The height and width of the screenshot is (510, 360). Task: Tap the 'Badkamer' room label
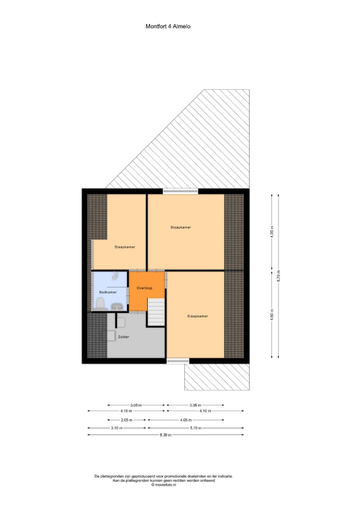107,291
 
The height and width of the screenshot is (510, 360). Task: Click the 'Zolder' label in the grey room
123,337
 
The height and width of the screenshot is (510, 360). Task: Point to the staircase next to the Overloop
156,312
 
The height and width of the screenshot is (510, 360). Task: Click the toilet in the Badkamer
100,303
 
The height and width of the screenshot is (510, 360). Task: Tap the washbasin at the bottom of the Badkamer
117,306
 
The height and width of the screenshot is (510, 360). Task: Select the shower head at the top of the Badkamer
115,276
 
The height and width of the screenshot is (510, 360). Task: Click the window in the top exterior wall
180,191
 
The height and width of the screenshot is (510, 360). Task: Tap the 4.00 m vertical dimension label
272,233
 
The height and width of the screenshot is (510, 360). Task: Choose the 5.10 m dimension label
195,427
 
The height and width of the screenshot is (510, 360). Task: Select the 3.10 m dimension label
118,427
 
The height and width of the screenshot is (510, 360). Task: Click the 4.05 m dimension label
186,420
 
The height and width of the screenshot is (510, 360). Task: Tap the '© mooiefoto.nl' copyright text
163,484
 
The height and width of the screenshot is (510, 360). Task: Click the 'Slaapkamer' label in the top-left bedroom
124,247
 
